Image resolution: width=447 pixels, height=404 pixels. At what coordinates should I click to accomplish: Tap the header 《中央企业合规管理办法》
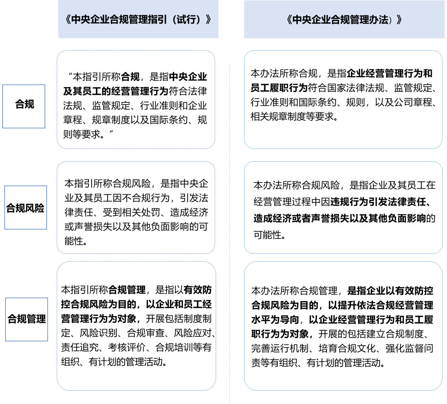tap(344, 20)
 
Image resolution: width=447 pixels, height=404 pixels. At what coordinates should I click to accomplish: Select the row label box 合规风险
tap(26, 207)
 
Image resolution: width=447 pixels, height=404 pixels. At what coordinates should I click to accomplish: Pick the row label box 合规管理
tap(26, 319)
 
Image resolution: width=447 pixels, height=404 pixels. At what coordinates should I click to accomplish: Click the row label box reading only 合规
tap(24, 106)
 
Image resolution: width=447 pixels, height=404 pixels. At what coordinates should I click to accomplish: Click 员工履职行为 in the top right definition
tap(279, 88)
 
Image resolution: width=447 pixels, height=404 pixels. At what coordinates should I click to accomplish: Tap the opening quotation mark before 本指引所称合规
tap(70, 75)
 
